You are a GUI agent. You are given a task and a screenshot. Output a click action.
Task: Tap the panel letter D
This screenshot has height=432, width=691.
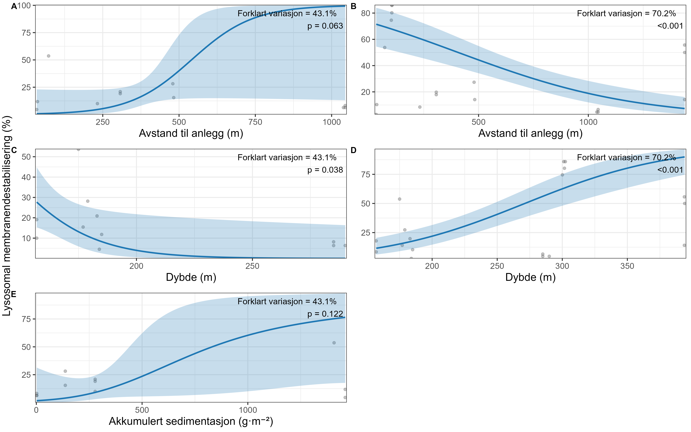(354, 150)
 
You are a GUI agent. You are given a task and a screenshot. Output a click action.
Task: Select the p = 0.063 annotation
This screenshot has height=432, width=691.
(325, 26)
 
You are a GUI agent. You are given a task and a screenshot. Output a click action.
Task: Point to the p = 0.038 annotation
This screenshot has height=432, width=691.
(325, 170)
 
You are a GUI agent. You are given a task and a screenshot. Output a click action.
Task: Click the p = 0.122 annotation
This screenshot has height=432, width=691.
(325, 314)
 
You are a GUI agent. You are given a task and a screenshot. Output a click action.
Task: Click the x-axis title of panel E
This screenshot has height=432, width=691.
(191, 421)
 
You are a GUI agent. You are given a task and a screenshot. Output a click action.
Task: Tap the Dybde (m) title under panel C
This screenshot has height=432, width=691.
(191, 277)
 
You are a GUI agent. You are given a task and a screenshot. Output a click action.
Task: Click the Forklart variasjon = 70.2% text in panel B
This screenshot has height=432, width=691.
(626, 13)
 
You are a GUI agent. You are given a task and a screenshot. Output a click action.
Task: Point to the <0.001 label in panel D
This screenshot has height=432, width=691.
(670, 170)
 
